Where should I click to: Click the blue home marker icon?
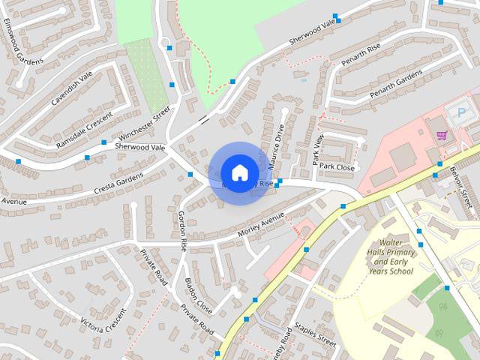[238, 172]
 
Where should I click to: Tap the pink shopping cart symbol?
[442, 136]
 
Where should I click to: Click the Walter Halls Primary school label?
[392, 256]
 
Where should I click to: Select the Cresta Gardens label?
[118, 180]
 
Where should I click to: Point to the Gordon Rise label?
[182, 229]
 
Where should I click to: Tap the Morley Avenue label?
[261, 225]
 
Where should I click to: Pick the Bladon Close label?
[199, 296]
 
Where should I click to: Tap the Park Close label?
[337, 167]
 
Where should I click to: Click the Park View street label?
[317, 148]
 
